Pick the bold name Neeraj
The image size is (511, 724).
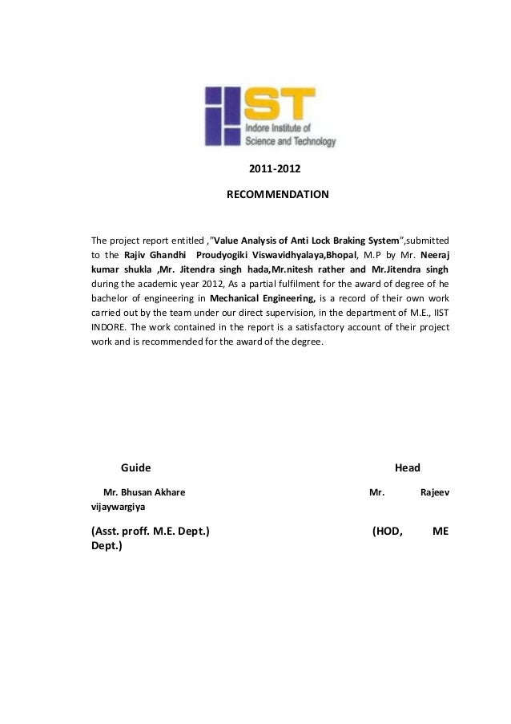coord(433,255)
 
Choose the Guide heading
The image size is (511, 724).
coord(135,467)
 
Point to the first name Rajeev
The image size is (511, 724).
coord(434,493)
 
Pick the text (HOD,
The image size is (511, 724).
coord(388,531)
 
